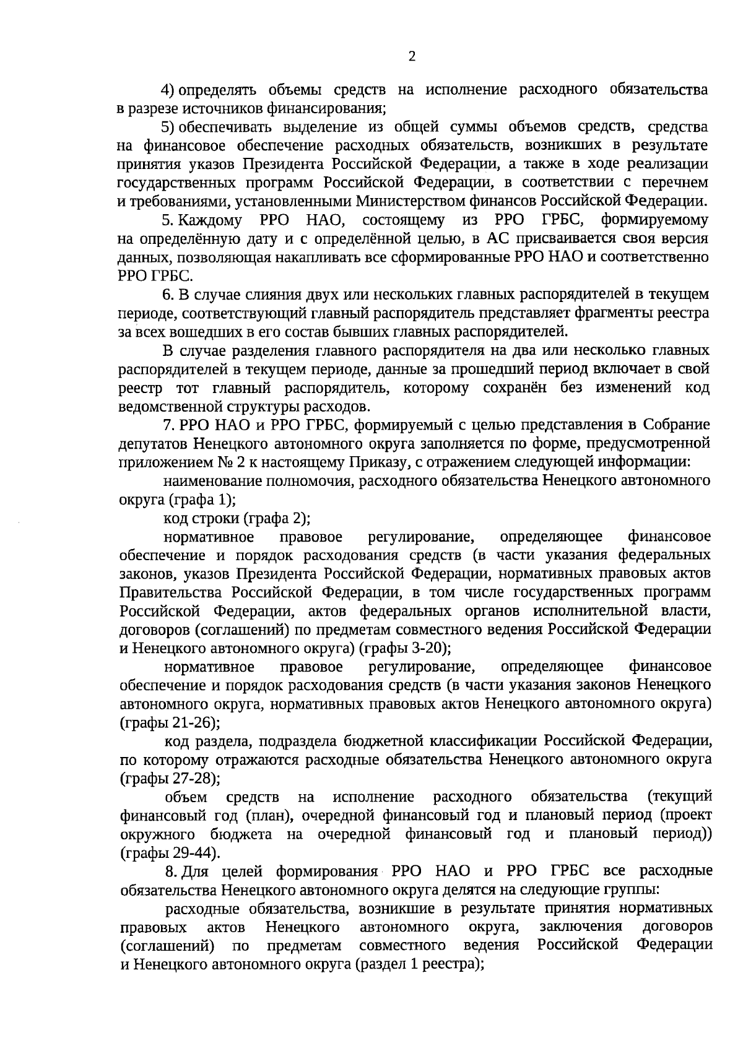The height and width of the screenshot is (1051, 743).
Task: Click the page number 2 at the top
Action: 412,57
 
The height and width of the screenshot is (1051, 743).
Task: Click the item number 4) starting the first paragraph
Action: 168,90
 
